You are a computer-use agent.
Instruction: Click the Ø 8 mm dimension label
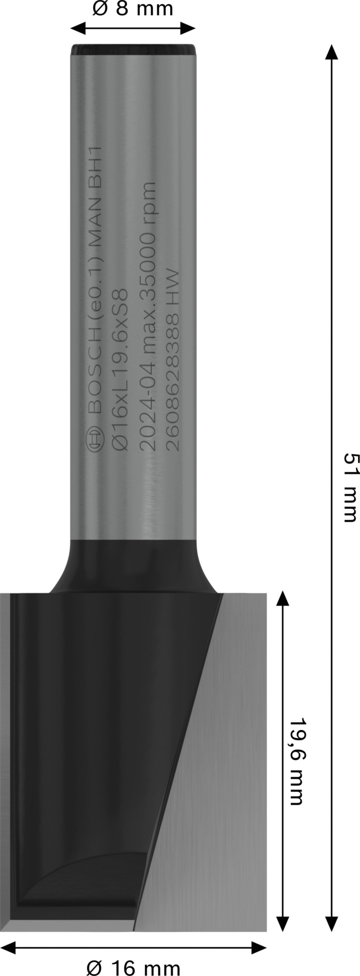[132, 9]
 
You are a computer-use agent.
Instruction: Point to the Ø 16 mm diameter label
[133, 966]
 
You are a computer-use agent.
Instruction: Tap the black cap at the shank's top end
[133, 49]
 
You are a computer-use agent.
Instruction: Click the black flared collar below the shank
[133, 566]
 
